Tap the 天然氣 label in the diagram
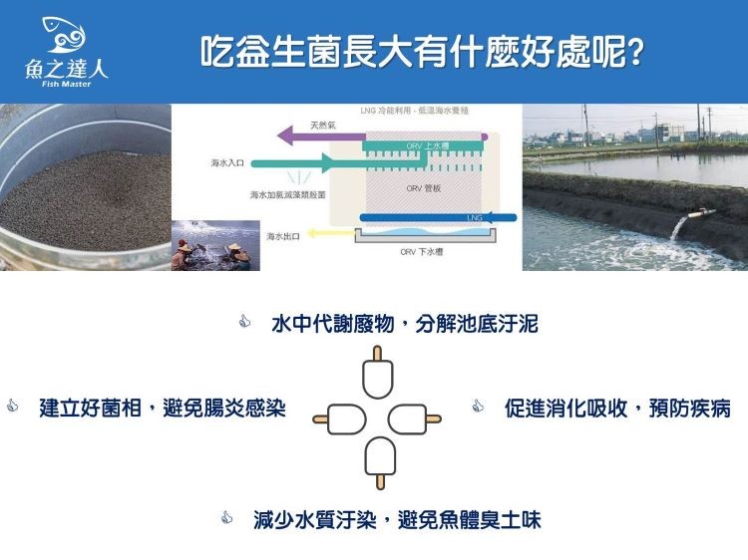click(320, 125)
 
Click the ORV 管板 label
click(417, 186)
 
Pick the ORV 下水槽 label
click(422, 252)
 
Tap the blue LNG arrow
click(439, 217)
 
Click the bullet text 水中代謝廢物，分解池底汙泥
click(405, 324)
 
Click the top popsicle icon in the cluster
click(378, 373)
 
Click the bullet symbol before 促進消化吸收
click(478, 407)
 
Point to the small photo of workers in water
click(215, 245)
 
